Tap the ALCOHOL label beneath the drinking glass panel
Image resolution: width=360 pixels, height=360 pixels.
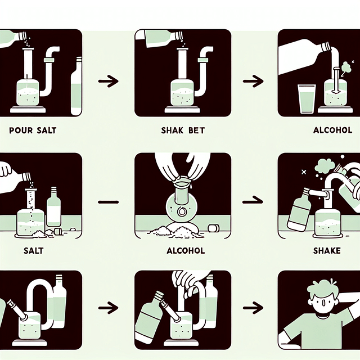(x=332, y=130)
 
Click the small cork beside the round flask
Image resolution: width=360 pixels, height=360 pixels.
(x=213, y=228)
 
